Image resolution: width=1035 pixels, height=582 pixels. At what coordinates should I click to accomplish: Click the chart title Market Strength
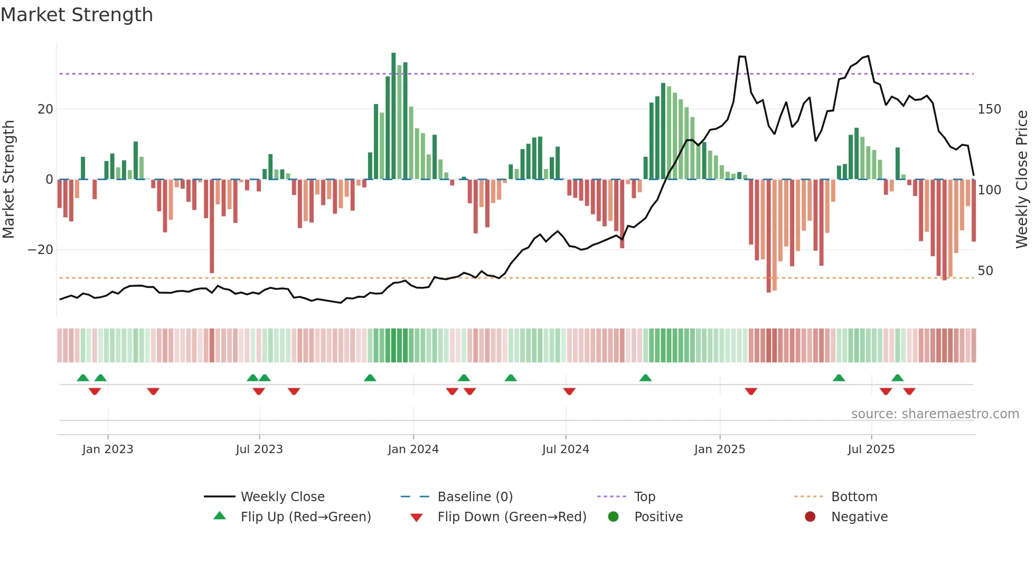77,15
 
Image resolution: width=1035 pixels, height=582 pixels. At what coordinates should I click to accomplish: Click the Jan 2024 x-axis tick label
413,449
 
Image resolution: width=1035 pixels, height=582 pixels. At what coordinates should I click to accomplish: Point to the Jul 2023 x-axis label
259,449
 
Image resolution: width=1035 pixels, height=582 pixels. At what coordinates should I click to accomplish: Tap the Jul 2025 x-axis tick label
871,449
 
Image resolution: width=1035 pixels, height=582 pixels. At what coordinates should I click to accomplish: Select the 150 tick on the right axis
989,109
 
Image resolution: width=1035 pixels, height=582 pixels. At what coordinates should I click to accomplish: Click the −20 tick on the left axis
41,250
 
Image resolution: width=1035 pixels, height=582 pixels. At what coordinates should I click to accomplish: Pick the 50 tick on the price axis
985,271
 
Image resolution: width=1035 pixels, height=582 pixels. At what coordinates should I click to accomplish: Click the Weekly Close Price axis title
1022,180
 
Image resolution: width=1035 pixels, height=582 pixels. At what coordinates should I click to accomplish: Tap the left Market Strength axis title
9,180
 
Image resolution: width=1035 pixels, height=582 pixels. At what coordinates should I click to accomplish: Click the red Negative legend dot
810,517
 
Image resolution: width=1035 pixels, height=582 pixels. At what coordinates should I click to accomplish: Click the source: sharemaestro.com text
935,414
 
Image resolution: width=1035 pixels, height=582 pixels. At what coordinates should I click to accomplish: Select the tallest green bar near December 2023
393,116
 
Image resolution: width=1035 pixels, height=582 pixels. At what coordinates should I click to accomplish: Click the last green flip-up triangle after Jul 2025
897,378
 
